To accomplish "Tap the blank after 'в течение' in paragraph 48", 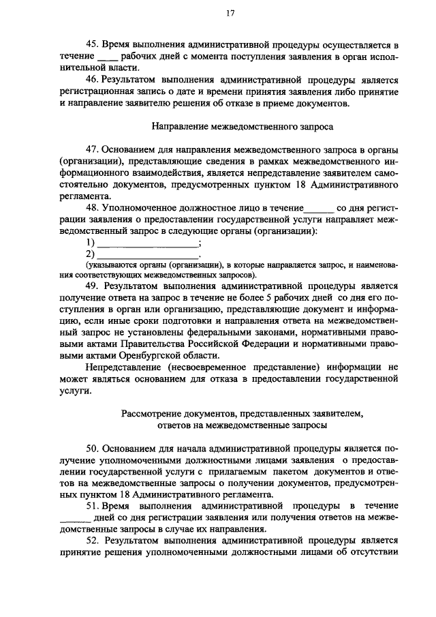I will (318, 209).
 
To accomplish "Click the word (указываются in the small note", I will (108, 265).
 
